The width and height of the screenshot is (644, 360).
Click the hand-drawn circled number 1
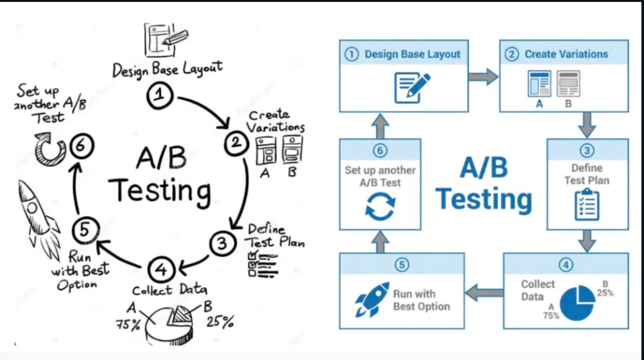[x=159, y=97]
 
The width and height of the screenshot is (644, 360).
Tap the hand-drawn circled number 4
[x=161, y=270]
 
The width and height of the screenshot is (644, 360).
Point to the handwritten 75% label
[x=128, y=325]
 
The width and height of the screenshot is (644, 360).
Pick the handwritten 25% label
[x=219, y=322]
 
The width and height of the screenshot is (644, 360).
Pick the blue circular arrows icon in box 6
[x=380, y=205]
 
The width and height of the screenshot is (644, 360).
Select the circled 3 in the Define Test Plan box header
[x=587, y=151]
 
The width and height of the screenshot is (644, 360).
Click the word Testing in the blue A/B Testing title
[x=484, y=199]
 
